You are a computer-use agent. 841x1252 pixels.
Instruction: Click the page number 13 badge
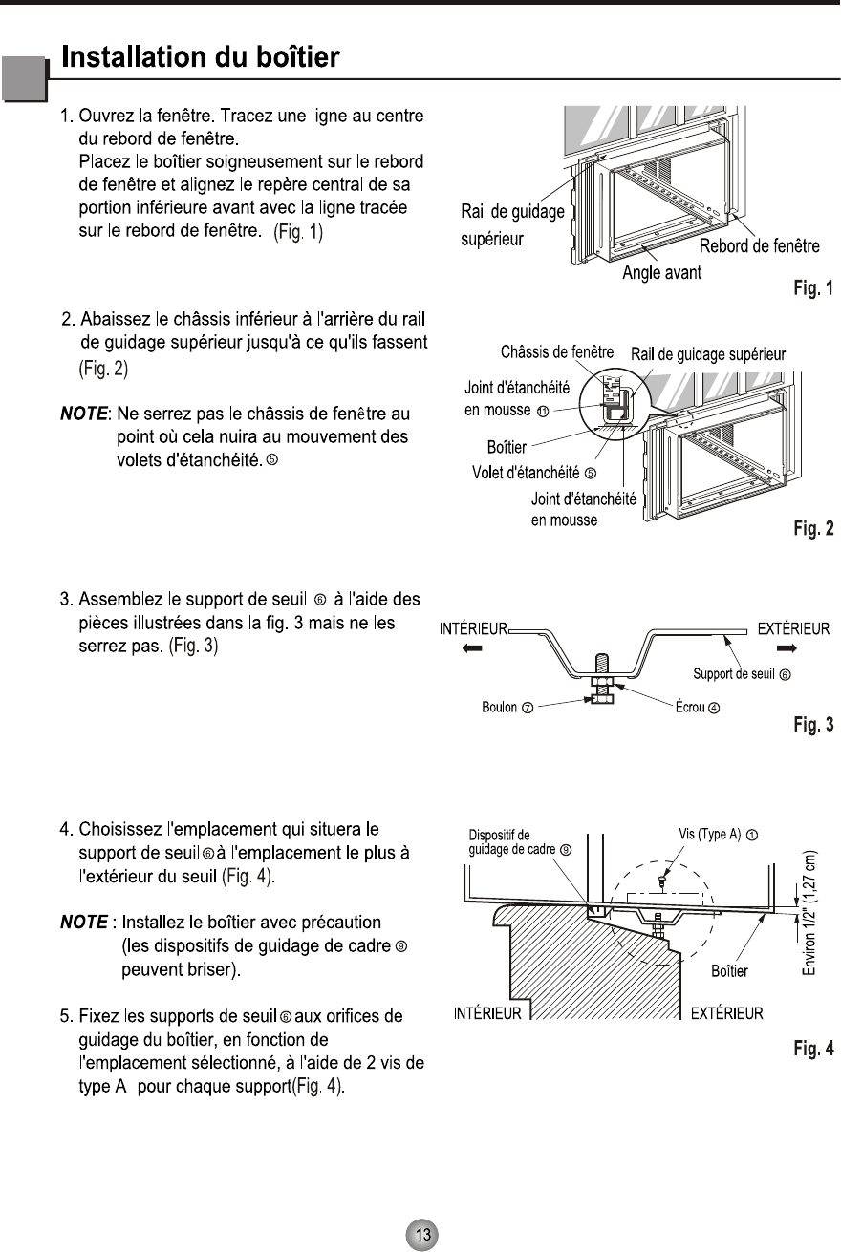click(421, 1234)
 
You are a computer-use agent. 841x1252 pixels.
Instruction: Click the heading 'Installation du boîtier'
click(201, 57)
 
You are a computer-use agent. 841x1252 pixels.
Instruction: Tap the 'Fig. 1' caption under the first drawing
click(813, 286)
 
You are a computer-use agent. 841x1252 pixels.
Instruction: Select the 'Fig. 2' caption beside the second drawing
click(813, 527)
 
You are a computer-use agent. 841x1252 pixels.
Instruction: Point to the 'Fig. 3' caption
click(813, 725)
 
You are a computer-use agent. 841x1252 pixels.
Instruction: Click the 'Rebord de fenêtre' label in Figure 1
click(760, 247)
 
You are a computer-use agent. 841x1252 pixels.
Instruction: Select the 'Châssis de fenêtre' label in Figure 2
click(557, 353)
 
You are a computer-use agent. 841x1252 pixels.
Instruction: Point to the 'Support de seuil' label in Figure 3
click(741, 674)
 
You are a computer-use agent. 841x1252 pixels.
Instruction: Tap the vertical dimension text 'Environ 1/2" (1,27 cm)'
click(811, 912)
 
